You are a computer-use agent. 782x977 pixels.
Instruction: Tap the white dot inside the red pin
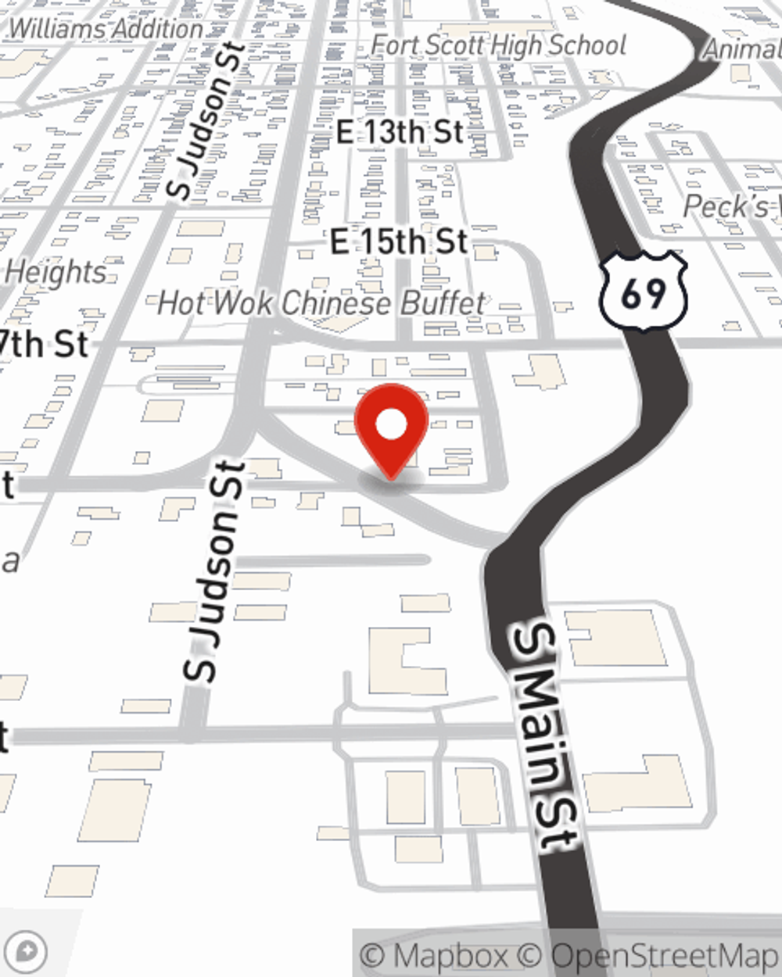(x=391, y=425)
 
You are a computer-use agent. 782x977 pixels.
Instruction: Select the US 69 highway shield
(x=644, y=291)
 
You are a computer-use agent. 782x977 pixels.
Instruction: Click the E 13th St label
(x=400, y=131)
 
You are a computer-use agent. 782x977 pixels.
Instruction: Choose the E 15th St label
(x=399, y=242)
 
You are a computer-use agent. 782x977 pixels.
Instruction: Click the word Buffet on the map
(x=443, y=303)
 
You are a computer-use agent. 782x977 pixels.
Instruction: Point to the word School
(x=587, y=45)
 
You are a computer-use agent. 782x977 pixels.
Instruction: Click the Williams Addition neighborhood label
(x=106, y=29)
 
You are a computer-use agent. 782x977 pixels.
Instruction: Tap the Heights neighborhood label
(x=56, y=272)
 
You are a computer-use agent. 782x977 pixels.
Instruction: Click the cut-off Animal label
(x=742, y=48)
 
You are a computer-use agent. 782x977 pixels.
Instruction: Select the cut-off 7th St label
(x=44, y=344)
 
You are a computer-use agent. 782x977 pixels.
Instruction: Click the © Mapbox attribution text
(x=434, y=955)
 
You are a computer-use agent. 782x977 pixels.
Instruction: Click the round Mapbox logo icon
(x=27, y=951)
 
